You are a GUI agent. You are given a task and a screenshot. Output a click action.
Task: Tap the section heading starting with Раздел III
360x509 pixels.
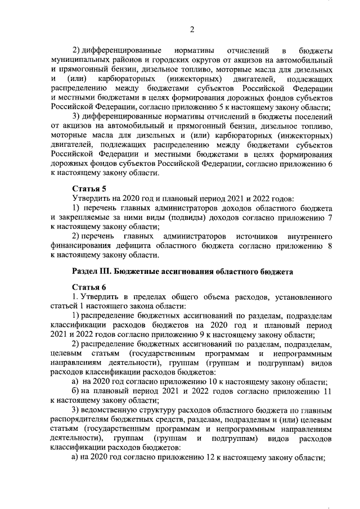183,271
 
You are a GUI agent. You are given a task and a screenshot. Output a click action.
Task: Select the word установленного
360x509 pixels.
304,296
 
